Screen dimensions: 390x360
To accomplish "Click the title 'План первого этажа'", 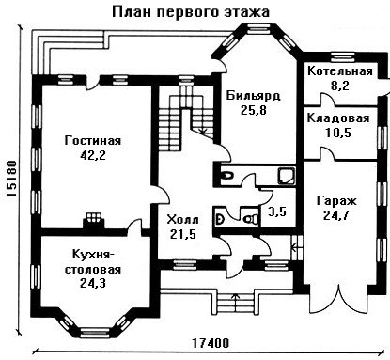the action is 191,12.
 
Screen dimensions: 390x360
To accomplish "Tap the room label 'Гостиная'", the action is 93,141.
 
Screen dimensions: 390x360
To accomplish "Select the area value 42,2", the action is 93,155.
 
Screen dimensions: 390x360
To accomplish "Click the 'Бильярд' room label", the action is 253,96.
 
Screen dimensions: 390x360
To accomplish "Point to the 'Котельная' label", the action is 340,71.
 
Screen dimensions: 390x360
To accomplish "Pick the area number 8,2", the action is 340,86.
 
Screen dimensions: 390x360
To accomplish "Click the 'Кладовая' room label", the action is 338,118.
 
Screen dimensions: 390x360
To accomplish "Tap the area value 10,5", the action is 338,133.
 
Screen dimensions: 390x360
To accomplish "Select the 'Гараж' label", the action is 336,201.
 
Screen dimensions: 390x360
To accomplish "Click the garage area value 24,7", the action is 336,215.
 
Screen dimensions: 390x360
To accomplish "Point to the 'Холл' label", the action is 182,220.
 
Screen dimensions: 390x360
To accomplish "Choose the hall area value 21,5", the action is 182,234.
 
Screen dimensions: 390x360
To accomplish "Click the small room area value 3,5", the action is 277,211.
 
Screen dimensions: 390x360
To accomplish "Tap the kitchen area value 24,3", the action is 93,283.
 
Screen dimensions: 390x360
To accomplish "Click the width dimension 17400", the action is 210,343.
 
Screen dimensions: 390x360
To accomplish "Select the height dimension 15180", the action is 11,179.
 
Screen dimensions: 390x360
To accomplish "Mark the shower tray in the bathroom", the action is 287,176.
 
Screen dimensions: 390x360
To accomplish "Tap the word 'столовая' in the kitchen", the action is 93,270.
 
